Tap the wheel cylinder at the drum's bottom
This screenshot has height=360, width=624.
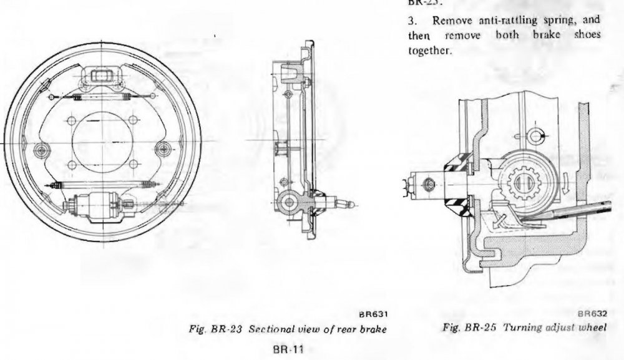pos(100,205)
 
